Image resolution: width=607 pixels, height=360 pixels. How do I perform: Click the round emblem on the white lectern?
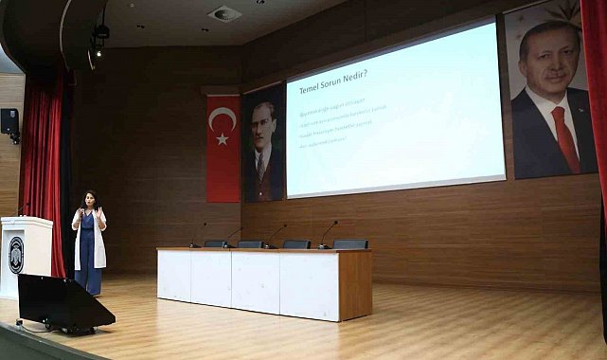(x=16, y=254)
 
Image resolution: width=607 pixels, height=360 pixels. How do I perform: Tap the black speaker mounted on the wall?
(x=9, y=121)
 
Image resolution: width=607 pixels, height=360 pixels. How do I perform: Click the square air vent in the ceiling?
(x=224, y=13)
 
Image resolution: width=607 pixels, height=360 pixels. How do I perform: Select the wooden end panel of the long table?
(x=355, y=284)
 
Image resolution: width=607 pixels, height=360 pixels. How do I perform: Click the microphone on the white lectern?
(x=21, y=210)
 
